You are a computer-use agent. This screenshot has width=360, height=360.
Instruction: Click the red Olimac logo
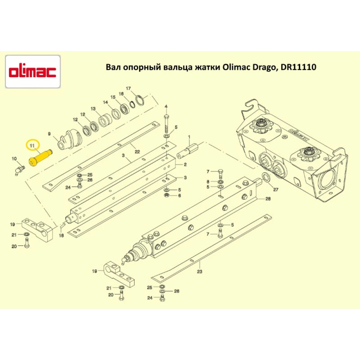pyautogui.click(x=32, y=72)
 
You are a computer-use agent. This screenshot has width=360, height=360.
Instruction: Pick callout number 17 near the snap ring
pyautogui.click(x=128, y=89)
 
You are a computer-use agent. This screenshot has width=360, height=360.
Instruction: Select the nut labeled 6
pyautogui.click(x=167, y=195)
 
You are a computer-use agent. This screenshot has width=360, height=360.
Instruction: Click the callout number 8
pyautogui.click(x=208, y=181)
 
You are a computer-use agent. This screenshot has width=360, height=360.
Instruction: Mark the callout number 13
pyautogui.click(x=93, y=109)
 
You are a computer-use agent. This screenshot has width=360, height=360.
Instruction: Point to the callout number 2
pyautogui.click(x=185, y=165)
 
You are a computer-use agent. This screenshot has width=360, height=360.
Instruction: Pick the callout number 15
pyautogui.click(x=113, y=98)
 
